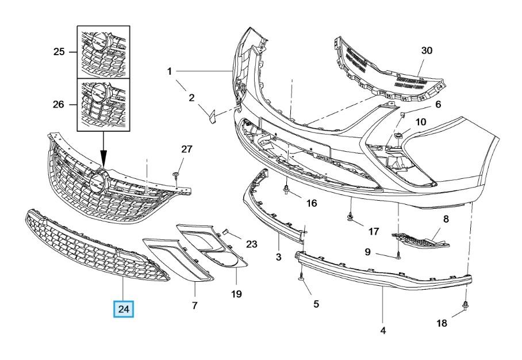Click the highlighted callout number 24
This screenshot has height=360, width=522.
pyautogui.click(x=124, y=309)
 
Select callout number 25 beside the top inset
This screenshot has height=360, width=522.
pyautogui.click(x=59, y=52)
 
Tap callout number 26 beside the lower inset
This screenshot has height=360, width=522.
pyautogui.click(x=58, y=104)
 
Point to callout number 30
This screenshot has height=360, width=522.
pyautogui.click(x=427, y=51)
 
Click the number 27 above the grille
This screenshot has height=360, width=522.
pyautogui.click(x=187, y=149)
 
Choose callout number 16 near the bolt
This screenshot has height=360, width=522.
pyautogui.click(x=311, y=203)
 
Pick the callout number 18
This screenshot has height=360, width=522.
pyautogui.click(x=442, y=323)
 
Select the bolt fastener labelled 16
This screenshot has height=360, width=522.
pyautogui.click(x=286, y=190)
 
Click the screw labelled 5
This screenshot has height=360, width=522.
pyautogui.click(x=301, y=277)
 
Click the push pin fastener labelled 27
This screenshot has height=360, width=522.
pyautogui.click(x=176, y=176)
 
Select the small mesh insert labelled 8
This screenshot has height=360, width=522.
pyautogui.click(x=420, y=241)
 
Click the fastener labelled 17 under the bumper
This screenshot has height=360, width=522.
pyautogui.click(x=350, y=216)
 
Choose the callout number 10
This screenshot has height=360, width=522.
pyautogui.click(x=421, y=122)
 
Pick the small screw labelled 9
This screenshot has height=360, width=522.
pyautogui.click(x=398, y=257)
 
